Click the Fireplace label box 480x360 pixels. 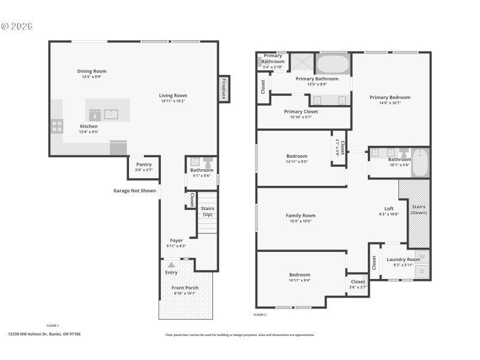[x=224, y=88]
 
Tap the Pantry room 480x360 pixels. [x=144, y=167]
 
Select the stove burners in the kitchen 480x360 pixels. [x=57, y=126]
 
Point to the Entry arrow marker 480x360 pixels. [x=172, y=264]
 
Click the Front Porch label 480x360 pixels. [x=185, y=287]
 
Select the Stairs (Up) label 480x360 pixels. [x=208, y=211]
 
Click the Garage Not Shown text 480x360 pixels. [x=135, y=191]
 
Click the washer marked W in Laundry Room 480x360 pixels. [x=422, y=256]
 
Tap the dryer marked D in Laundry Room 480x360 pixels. [x=422, y=272]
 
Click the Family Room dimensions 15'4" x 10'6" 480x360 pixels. [x=301, y=221]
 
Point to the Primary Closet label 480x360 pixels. [x=301, y=112]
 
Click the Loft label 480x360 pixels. [x=389, y=209]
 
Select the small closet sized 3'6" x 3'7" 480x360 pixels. [x=358, y=284]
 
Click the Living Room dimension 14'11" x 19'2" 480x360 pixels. [x=173, y=101]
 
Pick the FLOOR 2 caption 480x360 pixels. [x=260, y=315]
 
